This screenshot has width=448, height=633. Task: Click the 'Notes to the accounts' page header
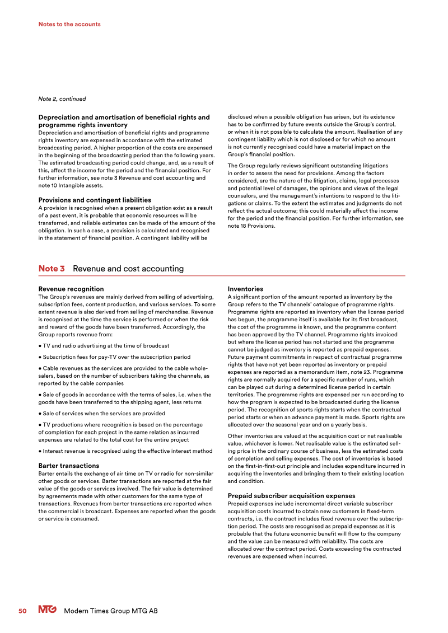(69, 24)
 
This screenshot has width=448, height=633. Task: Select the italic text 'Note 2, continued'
(62, 99)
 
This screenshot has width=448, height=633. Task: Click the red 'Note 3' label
(52, 269)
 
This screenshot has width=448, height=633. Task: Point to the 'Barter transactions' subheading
(68, 466)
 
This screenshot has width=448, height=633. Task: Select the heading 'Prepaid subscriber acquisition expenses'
(291, 496)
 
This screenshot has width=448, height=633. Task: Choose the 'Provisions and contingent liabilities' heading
(94, 200)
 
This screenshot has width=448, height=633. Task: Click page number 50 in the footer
(22, 611)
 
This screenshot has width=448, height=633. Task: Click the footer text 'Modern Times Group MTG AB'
(111, 611)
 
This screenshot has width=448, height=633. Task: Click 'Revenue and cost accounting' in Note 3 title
(128, 269)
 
